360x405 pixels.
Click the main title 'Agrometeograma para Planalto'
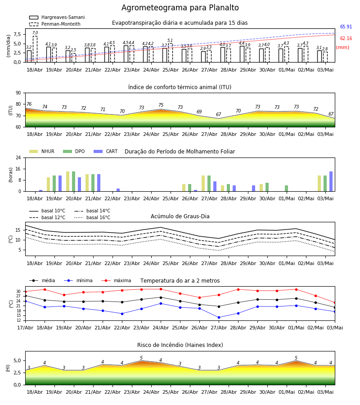[180, 8]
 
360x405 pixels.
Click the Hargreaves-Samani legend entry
[57, 17]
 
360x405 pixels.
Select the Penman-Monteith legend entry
[55, 24]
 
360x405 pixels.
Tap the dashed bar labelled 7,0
[35, 49]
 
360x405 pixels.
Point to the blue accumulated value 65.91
[346, 27]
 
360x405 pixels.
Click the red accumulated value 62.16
[346, 39]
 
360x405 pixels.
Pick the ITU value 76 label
[29, 104]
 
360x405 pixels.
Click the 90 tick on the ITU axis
[18, 93]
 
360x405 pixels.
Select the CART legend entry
[106, 151]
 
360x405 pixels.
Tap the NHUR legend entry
[42, 151]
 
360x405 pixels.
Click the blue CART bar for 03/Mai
[331, 181]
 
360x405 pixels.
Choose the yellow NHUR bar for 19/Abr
[48, 184]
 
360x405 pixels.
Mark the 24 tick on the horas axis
[18, 157]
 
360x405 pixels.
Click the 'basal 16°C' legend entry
[92, 217]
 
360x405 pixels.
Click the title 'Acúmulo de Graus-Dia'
[180, 216]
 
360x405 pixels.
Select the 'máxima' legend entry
[117, 280]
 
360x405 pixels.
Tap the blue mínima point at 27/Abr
[219, 317]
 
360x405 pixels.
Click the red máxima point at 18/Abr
[45, 289]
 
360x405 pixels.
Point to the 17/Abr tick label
[25, 328]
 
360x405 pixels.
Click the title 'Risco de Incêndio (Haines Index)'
[180, 345]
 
